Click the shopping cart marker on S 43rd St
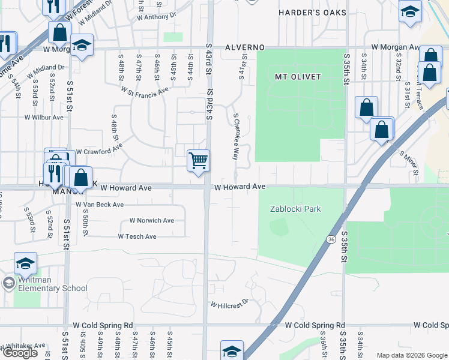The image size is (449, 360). pyautogui.click(x=198, y=161)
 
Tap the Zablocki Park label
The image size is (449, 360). pyautogui.click(x=295, y=209)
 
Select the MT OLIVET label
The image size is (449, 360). pyautogui.click(x=298, y=77)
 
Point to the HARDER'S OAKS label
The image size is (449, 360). pyautogui.click(x=313, y=12)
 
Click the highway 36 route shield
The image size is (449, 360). pyautogui.click(x=331, y=239)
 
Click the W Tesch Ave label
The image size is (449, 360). pyautogui.click(x=137, y=236)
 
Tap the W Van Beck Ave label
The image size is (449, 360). pyautogui.click(x=100, y=205)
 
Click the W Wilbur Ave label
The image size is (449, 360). pyautogui.click(x=43, y=117)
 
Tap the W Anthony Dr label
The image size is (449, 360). pyautogui.click(x=155, y=17)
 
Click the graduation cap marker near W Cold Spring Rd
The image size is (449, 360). pyautogui.click(x=232, y=350)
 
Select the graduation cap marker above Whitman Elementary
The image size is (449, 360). pyautogui.click(x=26, y=263)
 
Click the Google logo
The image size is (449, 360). pyautogui.click(x=20, y=353)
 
